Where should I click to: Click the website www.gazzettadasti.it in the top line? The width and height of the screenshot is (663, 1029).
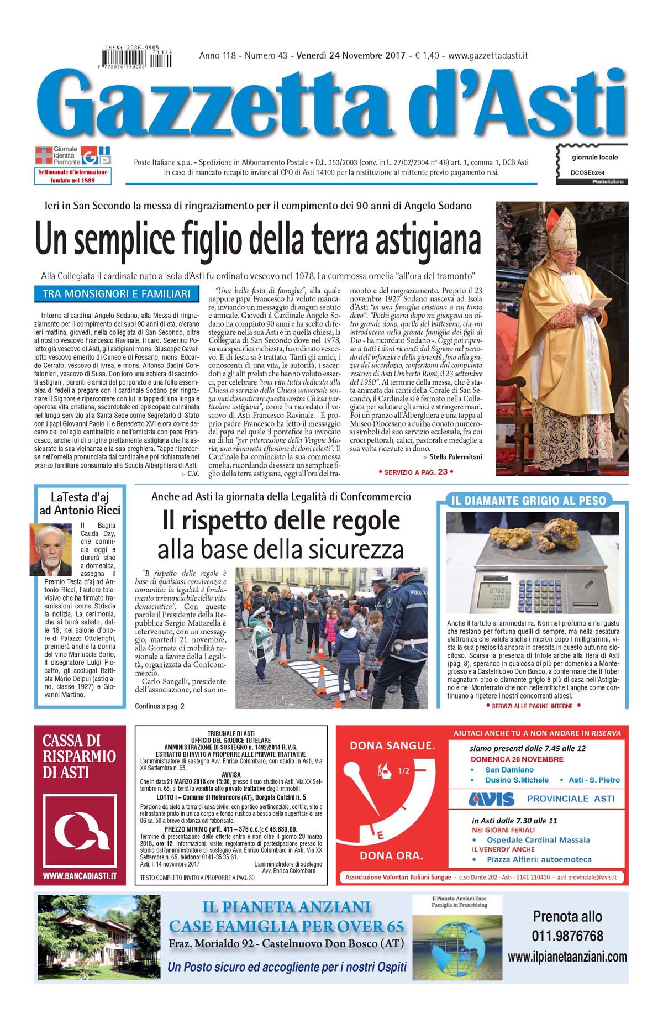click(x=488, y=55)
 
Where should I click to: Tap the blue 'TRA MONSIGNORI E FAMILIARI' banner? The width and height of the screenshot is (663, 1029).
click(x=116, y=294)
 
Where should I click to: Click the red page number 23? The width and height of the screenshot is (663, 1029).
click(x=443, y=471)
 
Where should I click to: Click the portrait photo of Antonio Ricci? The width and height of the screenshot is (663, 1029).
click(x=50, y=550)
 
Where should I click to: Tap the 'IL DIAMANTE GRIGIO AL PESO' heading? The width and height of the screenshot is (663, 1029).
click(x=529, y=501)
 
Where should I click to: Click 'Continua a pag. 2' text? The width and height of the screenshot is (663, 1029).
click(x=160, y=706)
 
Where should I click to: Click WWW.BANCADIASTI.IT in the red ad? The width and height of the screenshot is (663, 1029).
click(x=80, y=876)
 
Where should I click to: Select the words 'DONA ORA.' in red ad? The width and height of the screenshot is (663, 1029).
click(x=391, y=855)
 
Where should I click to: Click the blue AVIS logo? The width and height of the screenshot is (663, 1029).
click(x=491, y=799)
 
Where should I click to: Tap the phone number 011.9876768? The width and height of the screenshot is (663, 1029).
click(x=567, y=936)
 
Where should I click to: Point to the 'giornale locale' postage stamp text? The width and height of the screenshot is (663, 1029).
click(x=594, y=157)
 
